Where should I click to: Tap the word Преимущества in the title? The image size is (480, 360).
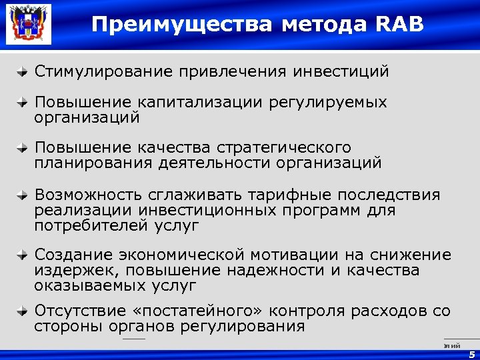(x=182, y=24)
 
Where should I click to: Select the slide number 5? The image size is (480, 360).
(x=472, y=355)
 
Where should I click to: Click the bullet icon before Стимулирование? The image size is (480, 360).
(x=23, y=71)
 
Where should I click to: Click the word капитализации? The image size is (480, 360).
(x=200, y=103)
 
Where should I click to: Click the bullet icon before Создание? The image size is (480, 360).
(x=23, y=255)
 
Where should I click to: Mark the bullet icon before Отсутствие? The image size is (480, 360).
(x=23, y=311)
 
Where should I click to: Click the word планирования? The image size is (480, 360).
(x=94, y=163)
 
